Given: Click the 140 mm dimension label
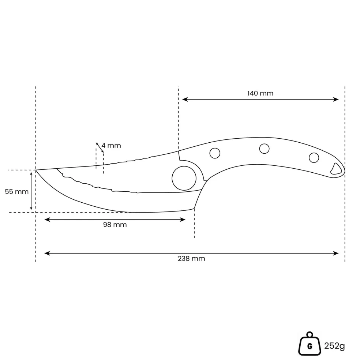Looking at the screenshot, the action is click(260, 93).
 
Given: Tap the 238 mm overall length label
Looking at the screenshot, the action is click(191, 259).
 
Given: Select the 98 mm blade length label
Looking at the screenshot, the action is click(115, 225).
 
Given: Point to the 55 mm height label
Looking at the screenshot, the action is click(17, 191).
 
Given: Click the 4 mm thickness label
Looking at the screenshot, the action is click(111, 146).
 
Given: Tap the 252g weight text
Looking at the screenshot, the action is click(334, 346).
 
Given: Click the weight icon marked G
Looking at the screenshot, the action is click(310, 344).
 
